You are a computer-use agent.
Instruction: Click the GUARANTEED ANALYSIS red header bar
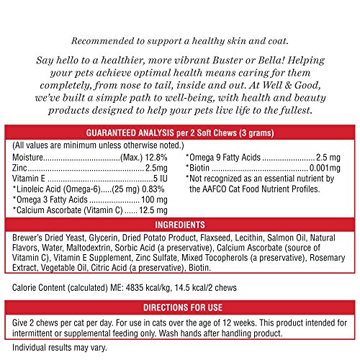pos(179,153)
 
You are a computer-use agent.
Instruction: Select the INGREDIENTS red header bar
pos(179,225)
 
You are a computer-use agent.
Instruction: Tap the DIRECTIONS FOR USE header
pos(179,306)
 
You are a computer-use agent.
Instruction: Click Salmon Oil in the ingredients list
pos(300,237)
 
